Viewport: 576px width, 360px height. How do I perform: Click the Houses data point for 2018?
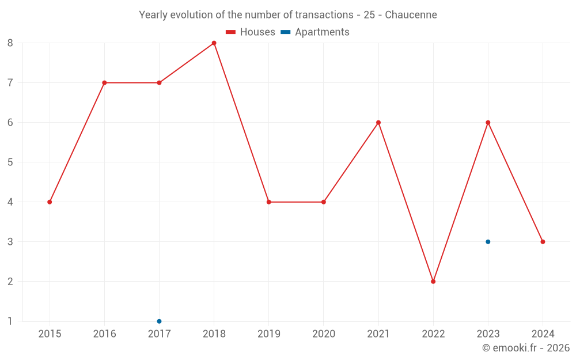coord(214,43)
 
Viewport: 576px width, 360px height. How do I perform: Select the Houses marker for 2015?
coord(50,202)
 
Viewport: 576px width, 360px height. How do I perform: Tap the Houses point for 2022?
coord(433,282)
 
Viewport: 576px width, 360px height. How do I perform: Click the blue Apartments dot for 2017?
coord(159,321)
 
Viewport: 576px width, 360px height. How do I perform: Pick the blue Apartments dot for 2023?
coord(488,242)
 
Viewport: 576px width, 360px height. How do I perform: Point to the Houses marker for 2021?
coord(378,123)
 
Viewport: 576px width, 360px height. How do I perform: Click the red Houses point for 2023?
coord(488,123)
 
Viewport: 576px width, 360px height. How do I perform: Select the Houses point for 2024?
coord(543,242)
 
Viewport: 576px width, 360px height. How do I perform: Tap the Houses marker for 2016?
coord(104,83)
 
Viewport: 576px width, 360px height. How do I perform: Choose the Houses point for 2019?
coord(269,202)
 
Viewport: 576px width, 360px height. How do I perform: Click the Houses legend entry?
coord(250,32)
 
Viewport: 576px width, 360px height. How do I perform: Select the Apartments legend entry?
coord(315,32)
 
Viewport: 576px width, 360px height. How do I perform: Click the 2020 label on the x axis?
coord(323,334)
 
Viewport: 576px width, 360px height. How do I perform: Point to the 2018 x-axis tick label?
coord(214,334)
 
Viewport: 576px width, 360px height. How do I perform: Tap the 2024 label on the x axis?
coord(543,334)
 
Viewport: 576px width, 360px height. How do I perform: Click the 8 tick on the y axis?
coord(10,43)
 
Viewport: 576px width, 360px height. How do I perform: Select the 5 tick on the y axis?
coord(10,162)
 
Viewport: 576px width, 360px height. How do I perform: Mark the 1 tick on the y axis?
coord(10,321)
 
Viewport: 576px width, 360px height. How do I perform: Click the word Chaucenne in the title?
coord(411,15)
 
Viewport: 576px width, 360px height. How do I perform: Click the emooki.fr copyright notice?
coord(525,348)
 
